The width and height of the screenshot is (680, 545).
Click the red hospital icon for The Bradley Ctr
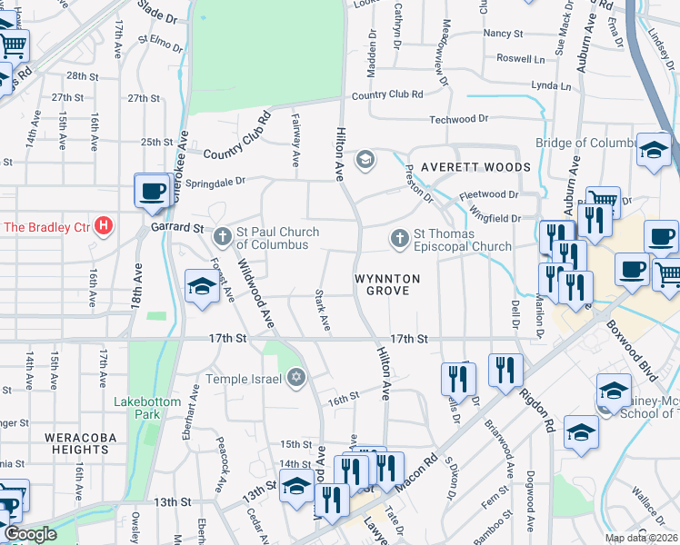tap(104, 225)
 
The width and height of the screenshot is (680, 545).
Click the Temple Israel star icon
tap(295, 377)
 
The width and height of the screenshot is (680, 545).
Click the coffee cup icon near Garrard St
tap(152, 191)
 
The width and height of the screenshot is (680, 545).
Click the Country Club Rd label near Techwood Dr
tap(387, 94)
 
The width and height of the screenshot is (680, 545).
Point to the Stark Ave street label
tap(322, 310)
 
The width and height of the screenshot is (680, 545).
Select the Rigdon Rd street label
tap(536, 411)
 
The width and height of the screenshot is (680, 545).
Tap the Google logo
tap(30, 534)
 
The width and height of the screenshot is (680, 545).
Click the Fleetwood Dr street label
tap(488, 194)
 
